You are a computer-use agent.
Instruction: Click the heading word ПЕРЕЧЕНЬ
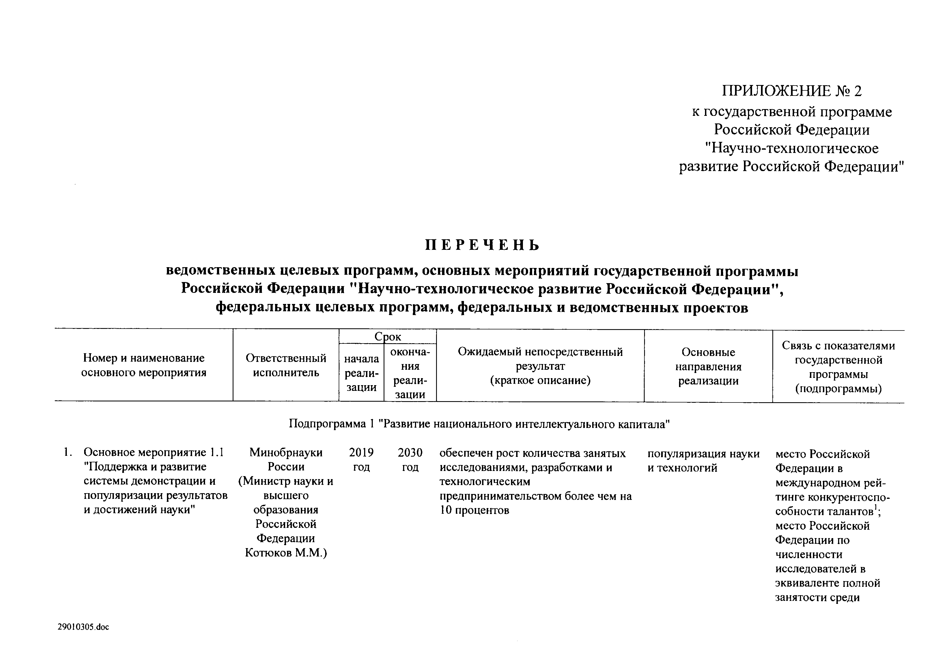point(482,246)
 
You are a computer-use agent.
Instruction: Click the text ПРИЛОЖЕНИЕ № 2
point(792,91)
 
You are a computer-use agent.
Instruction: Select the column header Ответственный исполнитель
point(286,365)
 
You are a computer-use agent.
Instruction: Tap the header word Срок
point(387,336)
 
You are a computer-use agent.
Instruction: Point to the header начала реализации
point(361,373)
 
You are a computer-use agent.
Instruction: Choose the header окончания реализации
point(410,373)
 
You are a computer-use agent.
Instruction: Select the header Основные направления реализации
point(708,366)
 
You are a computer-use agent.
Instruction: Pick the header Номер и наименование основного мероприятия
point(143,365)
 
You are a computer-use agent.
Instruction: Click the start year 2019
point(361,453)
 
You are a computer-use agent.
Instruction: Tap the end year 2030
point(410,453)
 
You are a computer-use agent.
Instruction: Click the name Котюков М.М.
point(286,553)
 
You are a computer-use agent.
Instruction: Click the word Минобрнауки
point(286,453)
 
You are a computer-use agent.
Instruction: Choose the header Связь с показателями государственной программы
point(838,367)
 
